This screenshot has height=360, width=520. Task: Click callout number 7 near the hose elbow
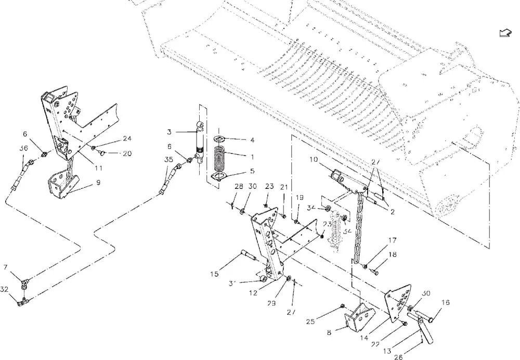6,267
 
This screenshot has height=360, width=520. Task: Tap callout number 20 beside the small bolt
127,153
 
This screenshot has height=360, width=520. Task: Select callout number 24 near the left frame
127,138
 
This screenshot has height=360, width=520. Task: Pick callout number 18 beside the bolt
393,255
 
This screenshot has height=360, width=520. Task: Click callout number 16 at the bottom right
446,303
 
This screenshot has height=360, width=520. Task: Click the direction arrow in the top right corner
503,33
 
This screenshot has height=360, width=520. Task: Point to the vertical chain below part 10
358,229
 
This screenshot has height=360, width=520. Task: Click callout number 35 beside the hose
168,160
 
